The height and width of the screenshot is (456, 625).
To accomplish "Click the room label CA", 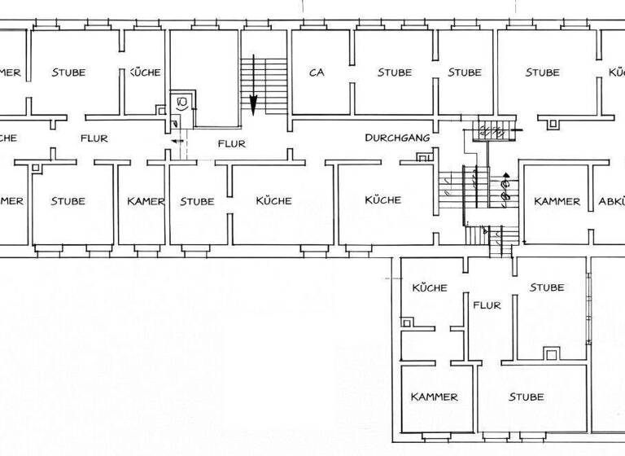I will (317, 72).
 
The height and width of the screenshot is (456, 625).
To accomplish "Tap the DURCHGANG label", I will (397, 138).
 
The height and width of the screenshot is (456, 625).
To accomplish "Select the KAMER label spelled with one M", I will (146, 201).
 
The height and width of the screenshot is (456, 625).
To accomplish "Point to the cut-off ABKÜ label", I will (611, 201).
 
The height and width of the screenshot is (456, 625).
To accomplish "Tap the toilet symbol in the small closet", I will (182, 103).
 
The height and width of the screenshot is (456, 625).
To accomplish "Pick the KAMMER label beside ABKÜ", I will (557, 201).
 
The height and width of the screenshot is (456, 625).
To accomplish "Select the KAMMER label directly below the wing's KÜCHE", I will (434, 397).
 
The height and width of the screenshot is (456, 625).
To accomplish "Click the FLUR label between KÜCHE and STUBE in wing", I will (487, 305).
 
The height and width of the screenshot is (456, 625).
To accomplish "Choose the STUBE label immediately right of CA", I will (395, 72).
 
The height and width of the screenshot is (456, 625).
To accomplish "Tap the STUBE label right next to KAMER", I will (197, 201).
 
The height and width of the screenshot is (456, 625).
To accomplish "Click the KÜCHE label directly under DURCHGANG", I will (382, 199).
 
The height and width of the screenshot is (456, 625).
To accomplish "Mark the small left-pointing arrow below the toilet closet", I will (175, 141).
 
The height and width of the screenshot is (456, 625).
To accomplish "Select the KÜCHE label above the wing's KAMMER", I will (430, 287).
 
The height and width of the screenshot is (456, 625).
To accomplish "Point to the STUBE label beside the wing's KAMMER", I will (527, 397).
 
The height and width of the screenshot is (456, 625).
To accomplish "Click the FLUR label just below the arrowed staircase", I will (232, 144).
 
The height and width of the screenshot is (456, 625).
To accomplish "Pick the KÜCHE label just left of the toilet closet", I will (146, 72).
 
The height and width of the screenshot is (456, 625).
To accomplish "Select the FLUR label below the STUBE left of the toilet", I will (94, 138).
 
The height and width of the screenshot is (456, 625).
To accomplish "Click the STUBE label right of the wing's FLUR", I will (547, 287).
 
